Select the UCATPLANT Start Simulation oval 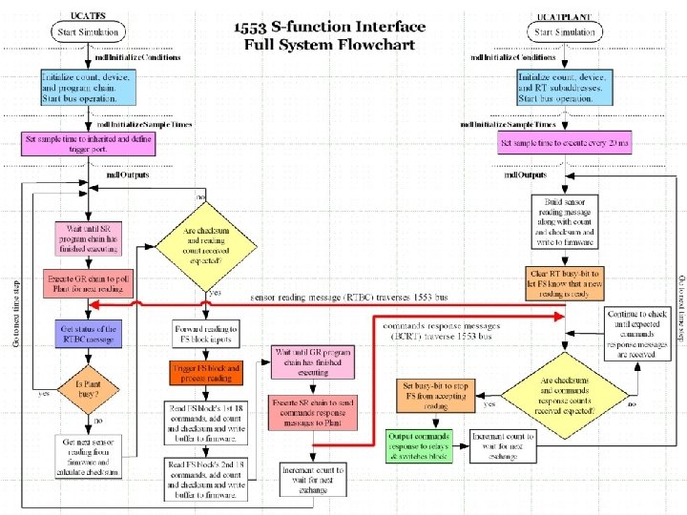tap(565, 32)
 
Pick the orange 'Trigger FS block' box tap(207, 372)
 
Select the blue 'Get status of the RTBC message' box tap(87, 335)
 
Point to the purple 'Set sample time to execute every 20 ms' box tap(564, 144)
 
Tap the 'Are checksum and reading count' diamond tap(207, 242)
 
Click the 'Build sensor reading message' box tap(564, 220)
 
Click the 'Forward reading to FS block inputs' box tap(207, 334)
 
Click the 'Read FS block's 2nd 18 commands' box tap(207, 479)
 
